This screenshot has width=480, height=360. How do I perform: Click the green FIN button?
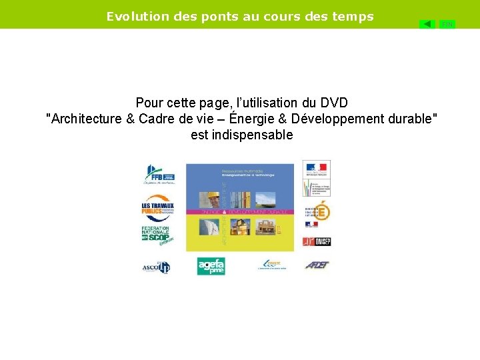447,24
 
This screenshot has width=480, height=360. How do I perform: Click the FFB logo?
159,173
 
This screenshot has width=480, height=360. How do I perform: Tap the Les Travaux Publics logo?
158,207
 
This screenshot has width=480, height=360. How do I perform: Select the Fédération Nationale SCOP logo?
157,235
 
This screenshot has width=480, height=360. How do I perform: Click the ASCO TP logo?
156,267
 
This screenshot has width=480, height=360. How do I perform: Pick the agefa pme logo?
211,266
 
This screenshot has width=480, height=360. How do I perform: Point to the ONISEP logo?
317,241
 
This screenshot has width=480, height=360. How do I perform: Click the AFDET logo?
317,265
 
